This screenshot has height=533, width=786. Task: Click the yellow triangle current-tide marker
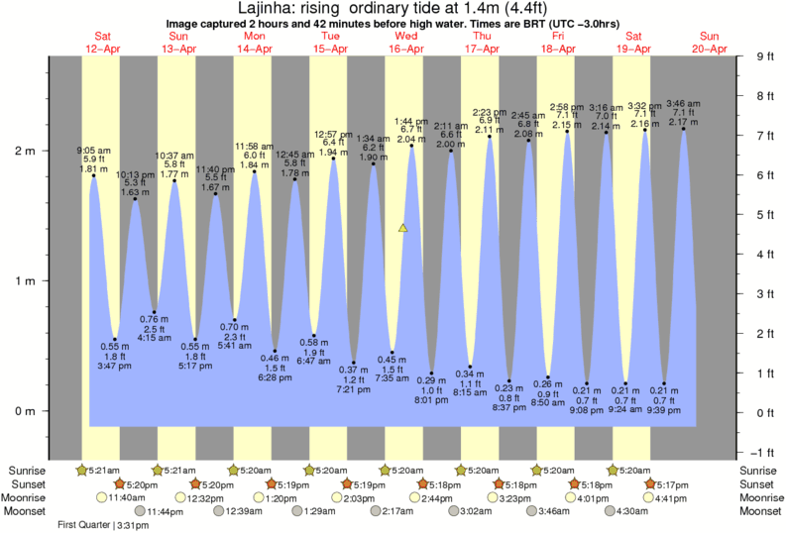point(402,228)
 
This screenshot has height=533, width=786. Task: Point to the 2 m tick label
point(24,151)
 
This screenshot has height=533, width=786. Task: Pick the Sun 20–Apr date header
point(710,41)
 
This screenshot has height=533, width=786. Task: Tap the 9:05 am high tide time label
point(95,152)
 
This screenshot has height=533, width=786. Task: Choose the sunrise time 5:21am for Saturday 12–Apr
point(102,470)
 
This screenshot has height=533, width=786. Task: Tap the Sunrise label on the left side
point(28,470)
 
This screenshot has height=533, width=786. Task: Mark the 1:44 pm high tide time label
point(410,120)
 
